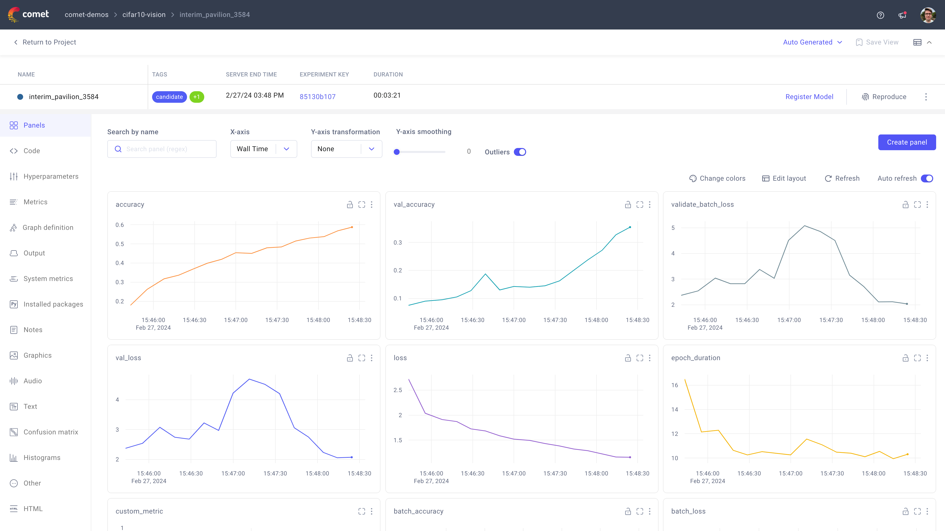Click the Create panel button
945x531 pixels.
(x=906, y=142)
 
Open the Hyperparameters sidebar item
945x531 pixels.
(x=51, y=176)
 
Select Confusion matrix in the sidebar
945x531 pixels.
(x=51, y=432)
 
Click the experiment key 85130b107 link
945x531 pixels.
(x=317, y=97)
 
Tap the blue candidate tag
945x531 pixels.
(x=169, y=97)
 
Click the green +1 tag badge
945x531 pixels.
(x=197, y=97)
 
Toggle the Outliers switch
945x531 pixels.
(x=520, y=152)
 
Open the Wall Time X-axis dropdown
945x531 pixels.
(x=263, y=149)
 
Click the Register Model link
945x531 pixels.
(x=809, y=97)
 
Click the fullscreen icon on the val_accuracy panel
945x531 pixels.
(x=639, y=205)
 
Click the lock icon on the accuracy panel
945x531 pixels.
(x=350, y=205)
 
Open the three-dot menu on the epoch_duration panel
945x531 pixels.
(x=927, y=358)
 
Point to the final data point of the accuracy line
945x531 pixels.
(x=352, y=227)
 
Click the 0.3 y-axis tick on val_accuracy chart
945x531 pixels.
(x=397, y=243)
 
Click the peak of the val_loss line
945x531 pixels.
(x=249, y=379)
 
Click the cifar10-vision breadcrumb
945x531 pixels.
(x=144, y=15)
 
